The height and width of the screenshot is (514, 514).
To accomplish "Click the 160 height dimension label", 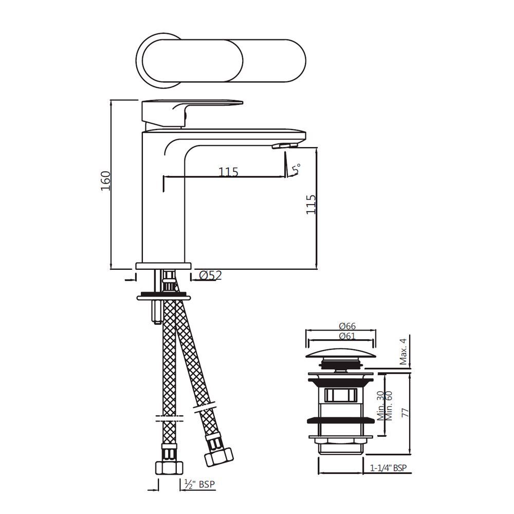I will coord(105,181).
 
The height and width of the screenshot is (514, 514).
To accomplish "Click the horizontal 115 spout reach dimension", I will coord(228,172).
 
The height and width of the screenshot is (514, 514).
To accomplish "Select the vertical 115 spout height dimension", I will coord(310,204).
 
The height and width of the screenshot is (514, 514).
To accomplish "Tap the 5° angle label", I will coord(296,168).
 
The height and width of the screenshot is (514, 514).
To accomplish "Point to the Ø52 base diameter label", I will coord(210,276).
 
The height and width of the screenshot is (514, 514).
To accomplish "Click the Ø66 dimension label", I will coord(347,326).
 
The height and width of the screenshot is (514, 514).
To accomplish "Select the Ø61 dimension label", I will coord(347,336).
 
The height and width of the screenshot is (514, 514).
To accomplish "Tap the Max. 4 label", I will coord(403,352).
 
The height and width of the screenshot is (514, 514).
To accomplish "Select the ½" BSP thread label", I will coord(196,484).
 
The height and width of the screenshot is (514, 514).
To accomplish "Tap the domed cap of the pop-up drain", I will coord(339,355).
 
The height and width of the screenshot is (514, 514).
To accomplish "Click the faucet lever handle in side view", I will coord(190,105).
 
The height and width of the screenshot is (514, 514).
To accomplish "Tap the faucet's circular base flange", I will coord(163,265).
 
